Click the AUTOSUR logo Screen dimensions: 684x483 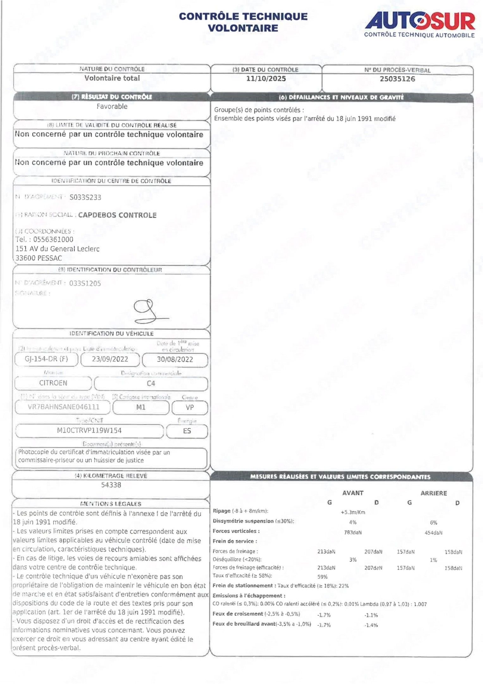[x=420, y=24]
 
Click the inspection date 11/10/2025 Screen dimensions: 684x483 [x=266, y=79]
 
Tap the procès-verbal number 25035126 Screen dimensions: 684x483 [x=397, y=79]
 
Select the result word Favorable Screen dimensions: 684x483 [x=112, y=106]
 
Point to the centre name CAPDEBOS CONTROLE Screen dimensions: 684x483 [x=117, y=215]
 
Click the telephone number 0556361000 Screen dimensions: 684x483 [x=53, y=239]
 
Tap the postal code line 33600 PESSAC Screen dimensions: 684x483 [x=39, y=258]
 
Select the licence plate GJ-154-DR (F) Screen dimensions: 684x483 [x=46, y=359]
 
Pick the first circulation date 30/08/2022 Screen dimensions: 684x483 [x=175, y=359]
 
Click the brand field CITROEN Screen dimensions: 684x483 [x=53, y=383]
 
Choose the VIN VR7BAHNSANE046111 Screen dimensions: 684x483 [x=63, y=407]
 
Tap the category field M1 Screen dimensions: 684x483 [x=141, y=407]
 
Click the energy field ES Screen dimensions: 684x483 [x=187, y=431]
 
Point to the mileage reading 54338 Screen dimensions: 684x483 [x=111, y=485]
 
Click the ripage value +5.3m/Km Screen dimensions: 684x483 [x=353, y=512]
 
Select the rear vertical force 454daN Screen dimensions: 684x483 [x=433, y=533]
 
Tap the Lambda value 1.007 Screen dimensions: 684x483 [x=420, y=604]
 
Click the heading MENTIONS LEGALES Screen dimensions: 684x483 [x=111, y=503]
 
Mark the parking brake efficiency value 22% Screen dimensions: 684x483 [x=344, y=586]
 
